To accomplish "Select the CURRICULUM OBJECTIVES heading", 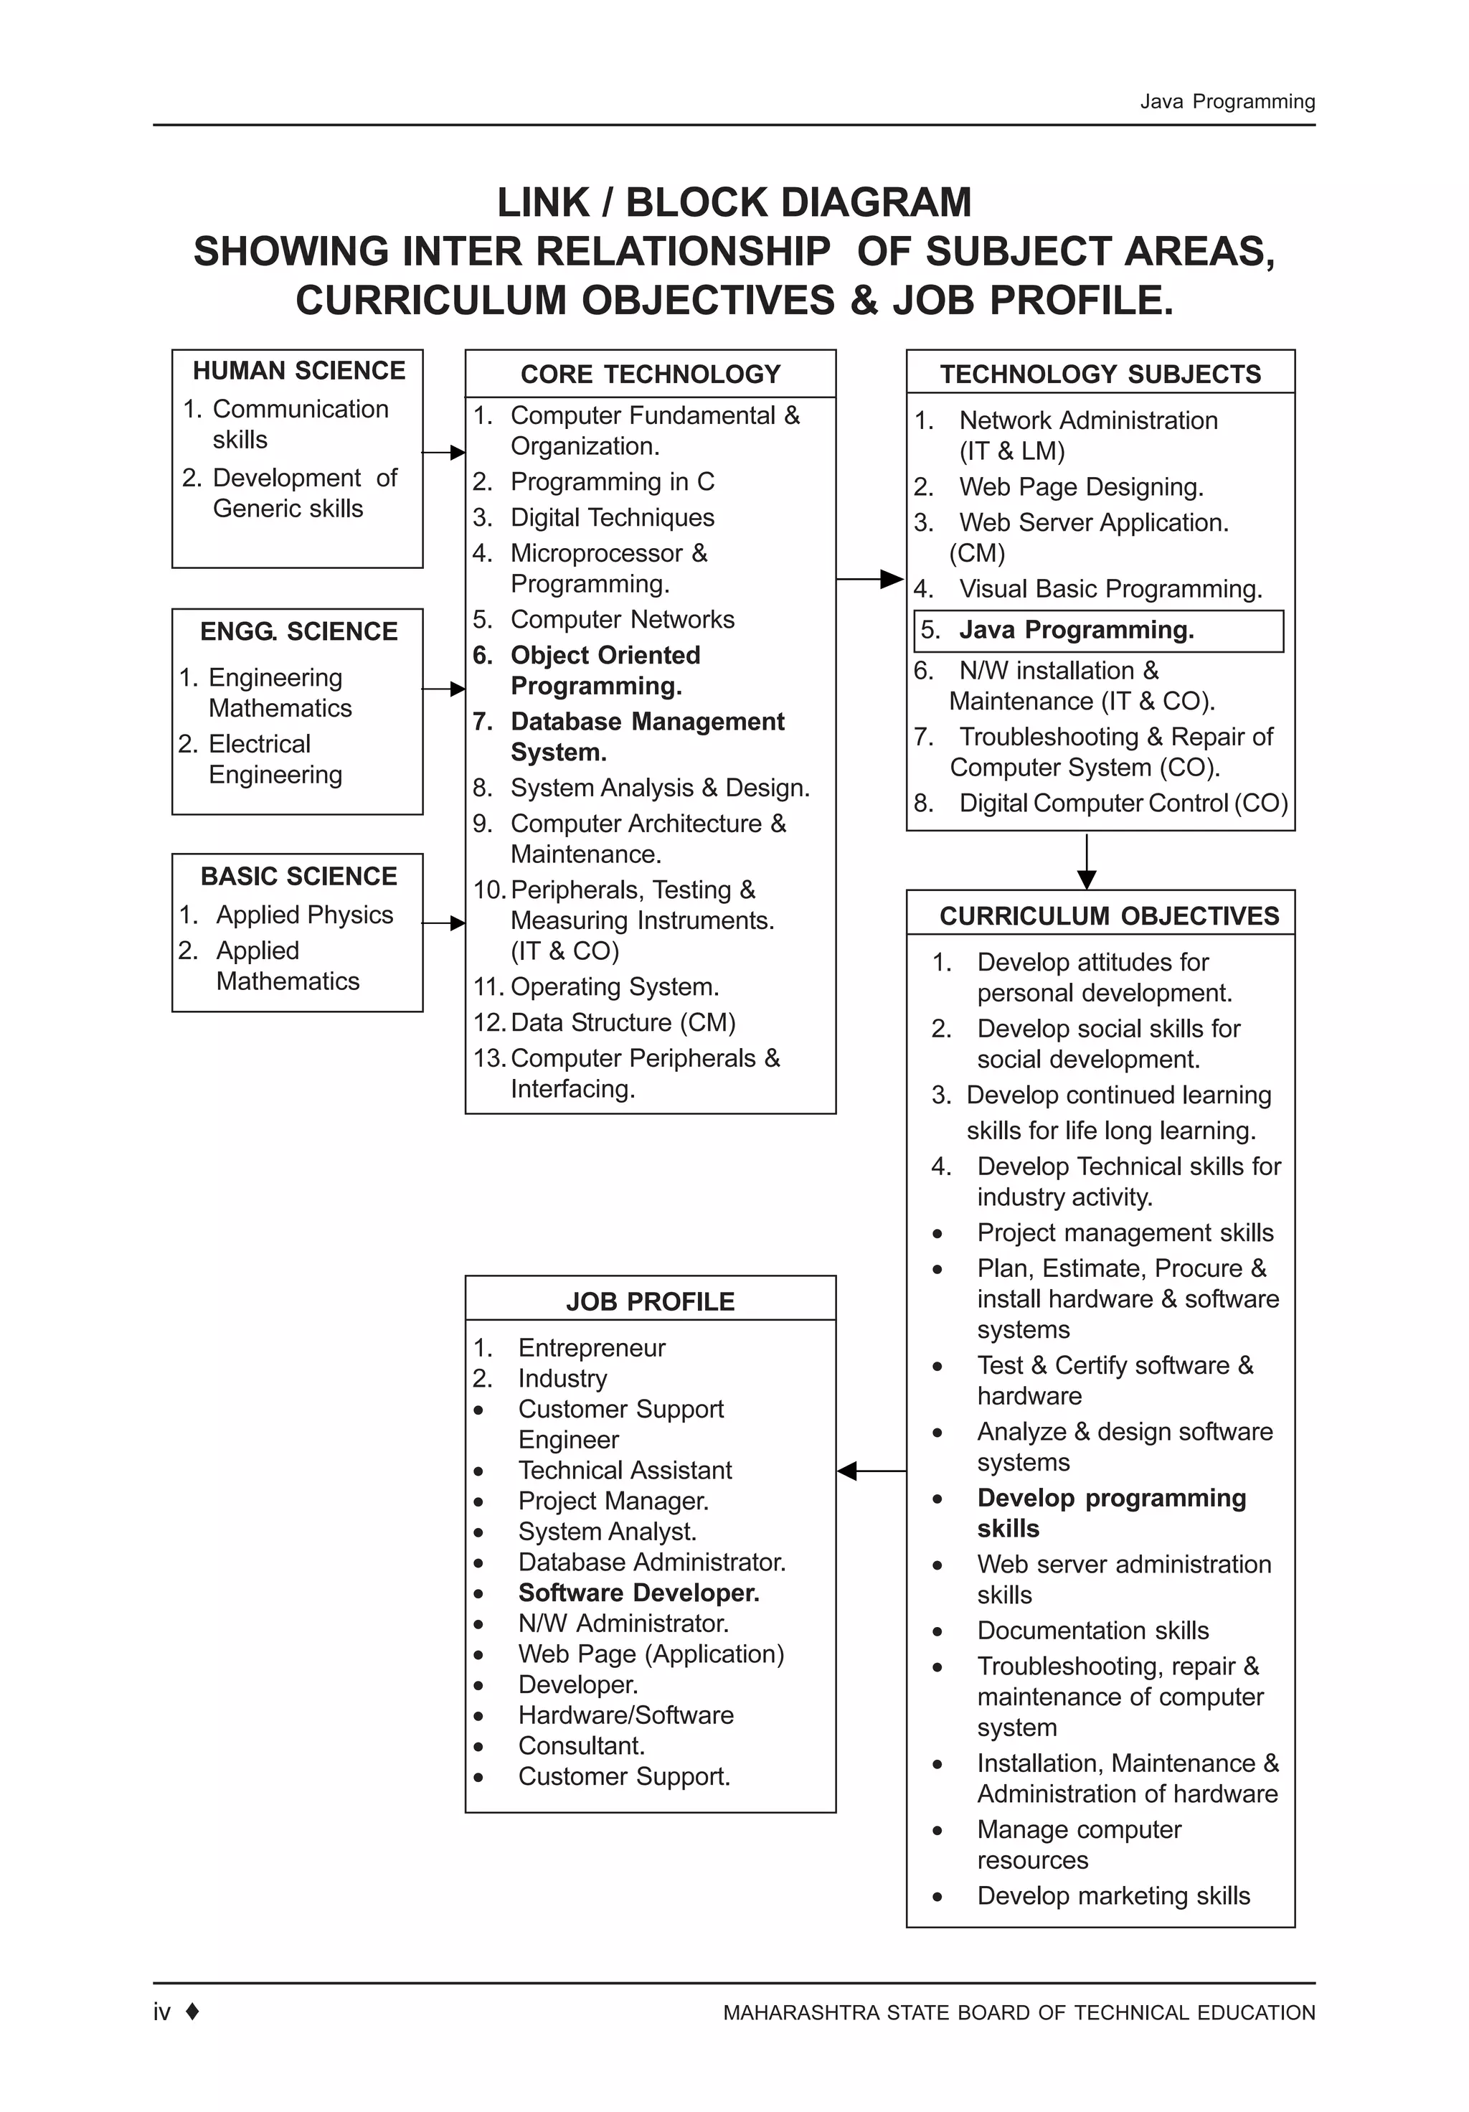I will tap(1108, 915).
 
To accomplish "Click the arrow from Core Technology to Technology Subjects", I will tap(869, 579).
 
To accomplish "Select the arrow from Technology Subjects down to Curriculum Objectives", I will tap(1087, 861).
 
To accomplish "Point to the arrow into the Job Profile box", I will tap(870, 1471).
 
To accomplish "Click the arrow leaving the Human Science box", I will tap(443, 453).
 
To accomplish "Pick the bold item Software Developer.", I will tap(638, 1593).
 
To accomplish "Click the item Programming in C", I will tap(612, 482).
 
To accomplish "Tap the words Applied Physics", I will tap(303, 915).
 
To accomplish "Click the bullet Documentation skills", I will tap(1092, 1630).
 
